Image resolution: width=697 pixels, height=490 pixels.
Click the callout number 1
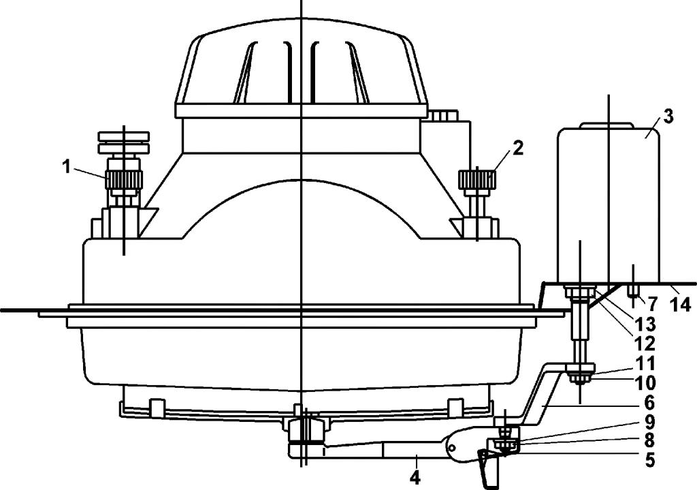[66, 167]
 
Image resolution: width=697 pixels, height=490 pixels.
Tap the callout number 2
[517, 148]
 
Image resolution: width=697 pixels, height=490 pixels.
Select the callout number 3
[668, 116]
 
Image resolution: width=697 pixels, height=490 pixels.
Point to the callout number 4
[415, 477]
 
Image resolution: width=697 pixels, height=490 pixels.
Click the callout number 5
[649, 460]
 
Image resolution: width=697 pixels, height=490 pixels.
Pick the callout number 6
[649, 403]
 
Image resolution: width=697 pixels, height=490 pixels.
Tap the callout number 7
[652, 304]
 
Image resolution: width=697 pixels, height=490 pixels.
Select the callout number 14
[680, 304]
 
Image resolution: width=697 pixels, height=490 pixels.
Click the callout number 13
[645, 325]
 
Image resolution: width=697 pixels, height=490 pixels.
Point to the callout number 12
[645, 344]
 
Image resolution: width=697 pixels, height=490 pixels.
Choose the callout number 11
[645, 363]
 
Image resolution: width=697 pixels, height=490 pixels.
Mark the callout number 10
[645, 382]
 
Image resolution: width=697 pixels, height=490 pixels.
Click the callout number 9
[649, 421]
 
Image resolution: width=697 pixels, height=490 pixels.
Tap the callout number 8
[649, 440]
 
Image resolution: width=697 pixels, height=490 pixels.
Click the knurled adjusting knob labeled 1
[124, 180]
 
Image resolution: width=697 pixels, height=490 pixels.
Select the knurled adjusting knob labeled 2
[477, 180]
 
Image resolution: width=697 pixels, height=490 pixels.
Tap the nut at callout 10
[580, 379]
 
